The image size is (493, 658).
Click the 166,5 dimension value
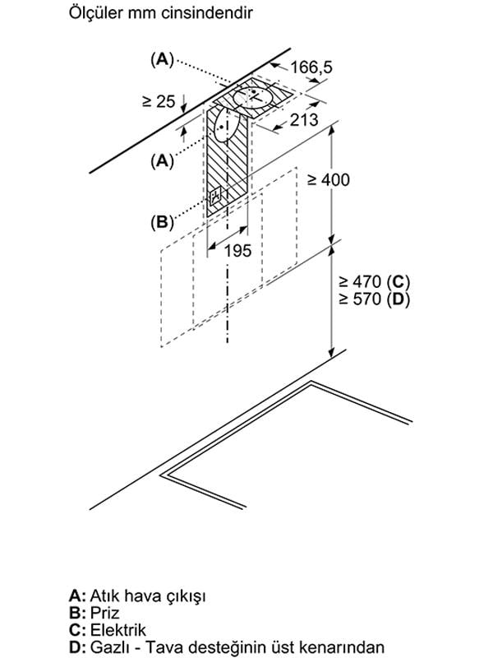click(311, 67)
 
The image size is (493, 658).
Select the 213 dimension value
click(304, 120)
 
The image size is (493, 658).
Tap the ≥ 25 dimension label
click(159, 101)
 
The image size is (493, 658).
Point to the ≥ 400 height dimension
click(328, 179)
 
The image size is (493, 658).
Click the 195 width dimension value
click(237, 251)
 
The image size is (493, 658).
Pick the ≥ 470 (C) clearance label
click(374, 281)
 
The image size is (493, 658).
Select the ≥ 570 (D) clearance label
click(374, 299)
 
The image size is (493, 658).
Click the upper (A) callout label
click(162, 59)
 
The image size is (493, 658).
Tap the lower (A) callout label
click(162, 160)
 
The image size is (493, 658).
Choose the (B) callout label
click(162, 221)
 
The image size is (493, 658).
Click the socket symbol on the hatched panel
click(215, 195)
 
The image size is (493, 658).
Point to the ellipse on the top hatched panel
click(253, 98)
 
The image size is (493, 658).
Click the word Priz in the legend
click(105, 613)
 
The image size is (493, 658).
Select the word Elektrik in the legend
click(118, 630)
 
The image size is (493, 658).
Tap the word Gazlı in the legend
click(106, 647)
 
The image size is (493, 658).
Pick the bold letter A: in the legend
click(77, 595)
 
